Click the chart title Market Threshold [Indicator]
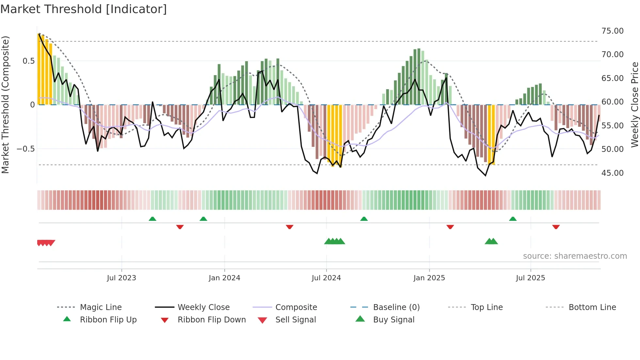click(x=84, y=9)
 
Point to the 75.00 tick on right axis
click(x=612, y=31)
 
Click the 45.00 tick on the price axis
click(x=612, y=173)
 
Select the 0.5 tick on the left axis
click(x=29, y=61)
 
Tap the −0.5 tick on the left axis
click(x=26, y=149)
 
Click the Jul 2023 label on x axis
click(x=121, y=278)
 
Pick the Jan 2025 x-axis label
click(x=429, y=278)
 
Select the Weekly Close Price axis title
click(x=634, y=105)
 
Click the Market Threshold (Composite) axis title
click(x=6, y=105)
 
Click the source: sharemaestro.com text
click(x=575, y=256)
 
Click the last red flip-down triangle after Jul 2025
click(x=556, y=227)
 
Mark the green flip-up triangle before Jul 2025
click(x=513, y=219)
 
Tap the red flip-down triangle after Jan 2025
click(x=450, y=227)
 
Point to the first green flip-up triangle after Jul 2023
click(x=152, y=219)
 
